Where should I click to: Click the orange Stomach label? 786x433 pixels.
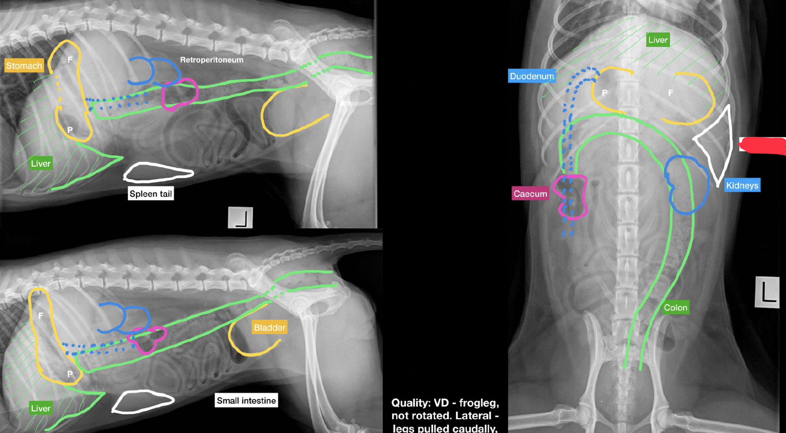tap(24, 65)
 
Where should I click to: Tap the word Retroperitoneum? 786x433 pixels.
tap(212, 60)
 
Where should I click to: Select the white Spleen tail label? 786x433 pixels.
tap(151, 194)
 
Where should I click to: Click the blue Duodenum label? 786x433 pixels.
tap(532, 76)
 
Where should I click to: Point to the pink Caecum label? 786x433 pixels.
tap(530, 194)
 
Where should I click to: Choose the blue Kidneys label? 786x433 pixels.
tap(742, 185)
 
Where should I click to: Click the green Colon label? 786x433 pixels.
tap(675, 307)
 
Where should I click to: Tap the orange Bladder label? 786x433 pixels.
tap(269, 327)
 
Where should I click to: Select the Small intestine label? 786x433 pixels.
tap(246, 400)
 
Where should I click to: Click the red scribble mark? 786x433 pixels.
tap(762, 146)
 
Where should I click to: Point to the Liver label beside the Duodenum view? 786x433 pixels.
tap(658, 40)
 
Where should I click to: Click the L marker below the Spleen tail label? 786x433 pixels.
tap(240, 218)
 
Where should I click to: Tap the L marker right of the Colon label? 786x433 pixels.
tap(767, 292)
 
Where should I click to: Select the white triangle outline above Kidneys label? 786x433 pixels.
tap(730, 146)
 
